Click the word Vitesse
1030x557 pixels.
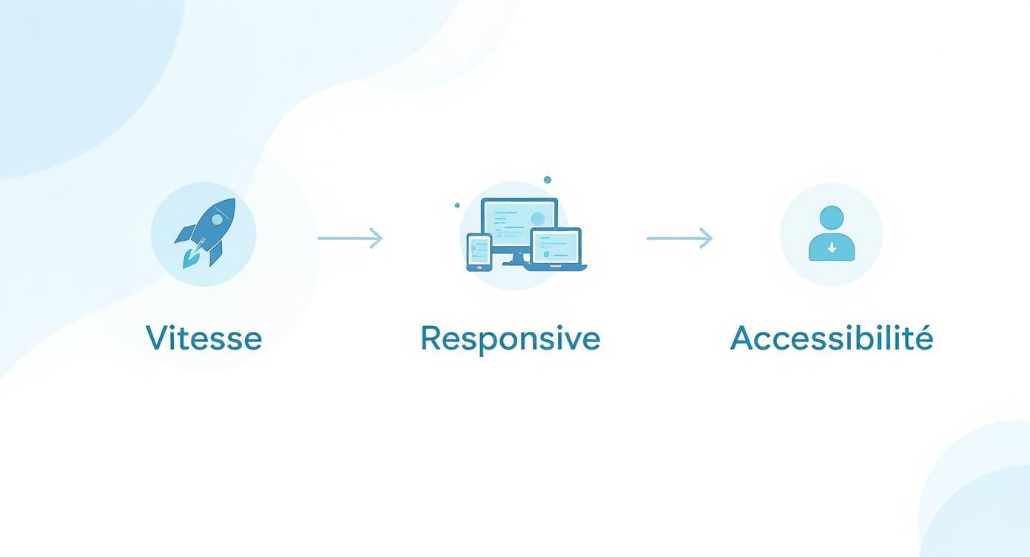pyautogui.click(x=203, y=338)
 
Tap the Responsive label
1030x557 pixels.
pyautogui.click(x=510, y=338)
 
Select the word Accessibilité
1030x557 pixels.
pyautogui.click(x=831, y=338)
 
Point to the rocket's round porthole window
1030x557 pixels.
pyautogui.click(x=218, y=219)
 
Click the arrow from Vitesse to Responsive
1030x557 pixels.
pyautogui.click(x=350, y=238)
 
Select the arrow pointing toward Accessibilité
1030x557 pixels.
pyautogui.click(x=679, y=238)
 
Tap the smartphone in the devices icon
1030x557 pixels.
pyautogui.click(x=479, y=252)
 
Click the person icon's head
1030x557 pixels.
pyautogui.click(x=832, y=218)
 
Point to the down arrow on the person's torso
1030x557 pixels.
pyautogui.click(x=832, y=249)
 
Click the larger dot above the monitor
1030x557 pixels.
pyautogui.click(x=548, y=180)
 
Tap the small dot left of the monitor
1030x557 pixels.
pyautogui.click(x=457, y=205)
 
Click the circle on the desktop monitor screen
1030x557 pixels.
pyautogui.click(x=538, y=219)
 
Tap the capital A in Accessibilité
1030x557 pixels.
pyautogui.click(x=743, y=338)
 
